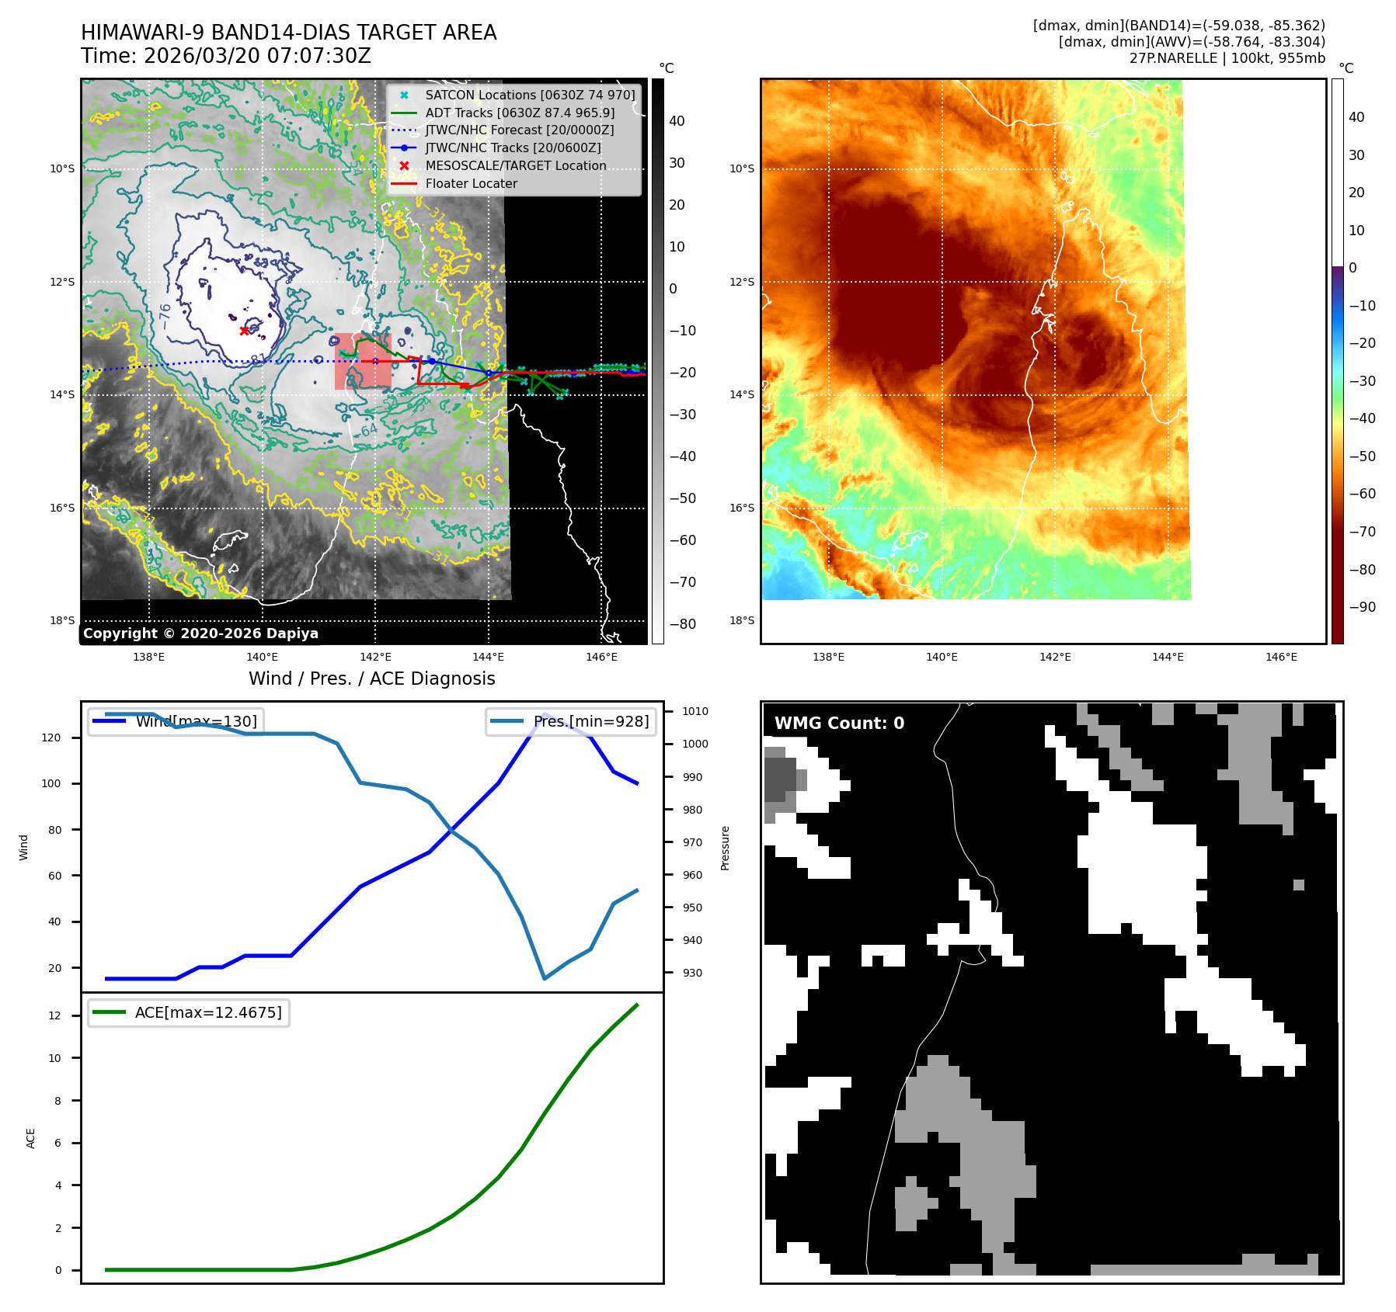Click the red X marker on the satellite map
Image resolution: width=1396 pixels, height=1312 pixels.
pos(245,331)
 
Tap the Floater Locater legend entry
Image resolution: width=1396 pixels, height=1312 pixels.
pos(471,184)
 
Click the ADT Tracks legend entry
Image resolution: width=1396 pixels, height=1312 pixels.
pos(520,113)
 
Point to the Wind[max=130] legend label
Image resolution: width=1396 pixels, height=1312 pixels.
pos(196,721)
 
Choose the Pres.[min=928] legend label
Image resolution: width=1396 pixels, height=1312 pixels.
pos(590,721)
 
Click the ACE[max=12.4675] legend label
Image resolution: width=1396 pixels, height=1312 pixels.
pos(207,1012)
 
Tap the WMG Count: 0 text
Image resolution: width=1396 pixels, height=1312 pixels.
pos(839,724)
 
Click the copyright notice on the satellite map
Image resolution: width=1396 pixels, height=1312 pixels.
pos(200,633)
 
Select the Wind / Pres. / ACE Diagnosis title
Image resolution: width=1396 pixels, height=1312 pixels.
pos(371,679)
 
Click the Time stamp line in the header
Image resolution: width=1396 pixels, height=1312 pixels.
pos(225,57)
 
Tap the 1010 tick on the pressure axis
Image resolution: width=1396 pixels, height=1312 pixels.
pos(695,711)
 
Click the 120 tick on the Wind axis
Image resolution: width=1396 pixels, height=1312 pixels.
pos(51,738)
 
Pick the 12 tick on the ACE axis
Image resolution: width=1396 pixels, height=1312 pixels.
pos(54,1016)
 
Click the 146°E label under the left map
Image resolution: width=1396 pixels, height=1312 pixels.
pos(601,658)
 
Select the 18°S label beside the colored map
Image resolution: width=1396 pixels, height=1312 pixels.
pos(741,620)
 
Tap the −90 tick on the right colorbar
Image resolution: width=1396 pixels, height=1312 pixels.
pos(1362,607)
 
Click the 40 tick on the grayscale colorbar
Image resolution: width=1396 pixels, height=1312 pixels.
pos(677,121)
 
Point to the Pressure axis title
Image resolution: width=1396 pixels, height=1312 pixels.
pos(725,848)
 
